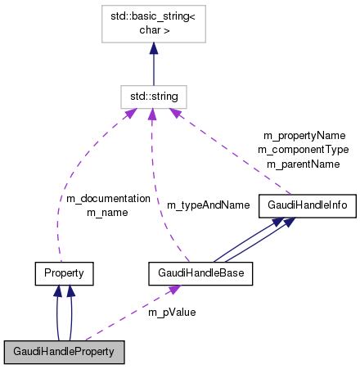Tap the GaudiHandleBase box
click(200, 271)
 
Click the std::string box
click(154, 96)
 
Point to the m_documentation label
click(108, 199)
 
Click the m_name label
click(108, 212)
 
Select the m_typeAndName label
click(208, 205)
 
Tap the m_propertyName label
click(304, 135)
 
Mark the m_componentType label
click(303, 149)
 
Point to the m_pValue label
click(172, 312)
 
